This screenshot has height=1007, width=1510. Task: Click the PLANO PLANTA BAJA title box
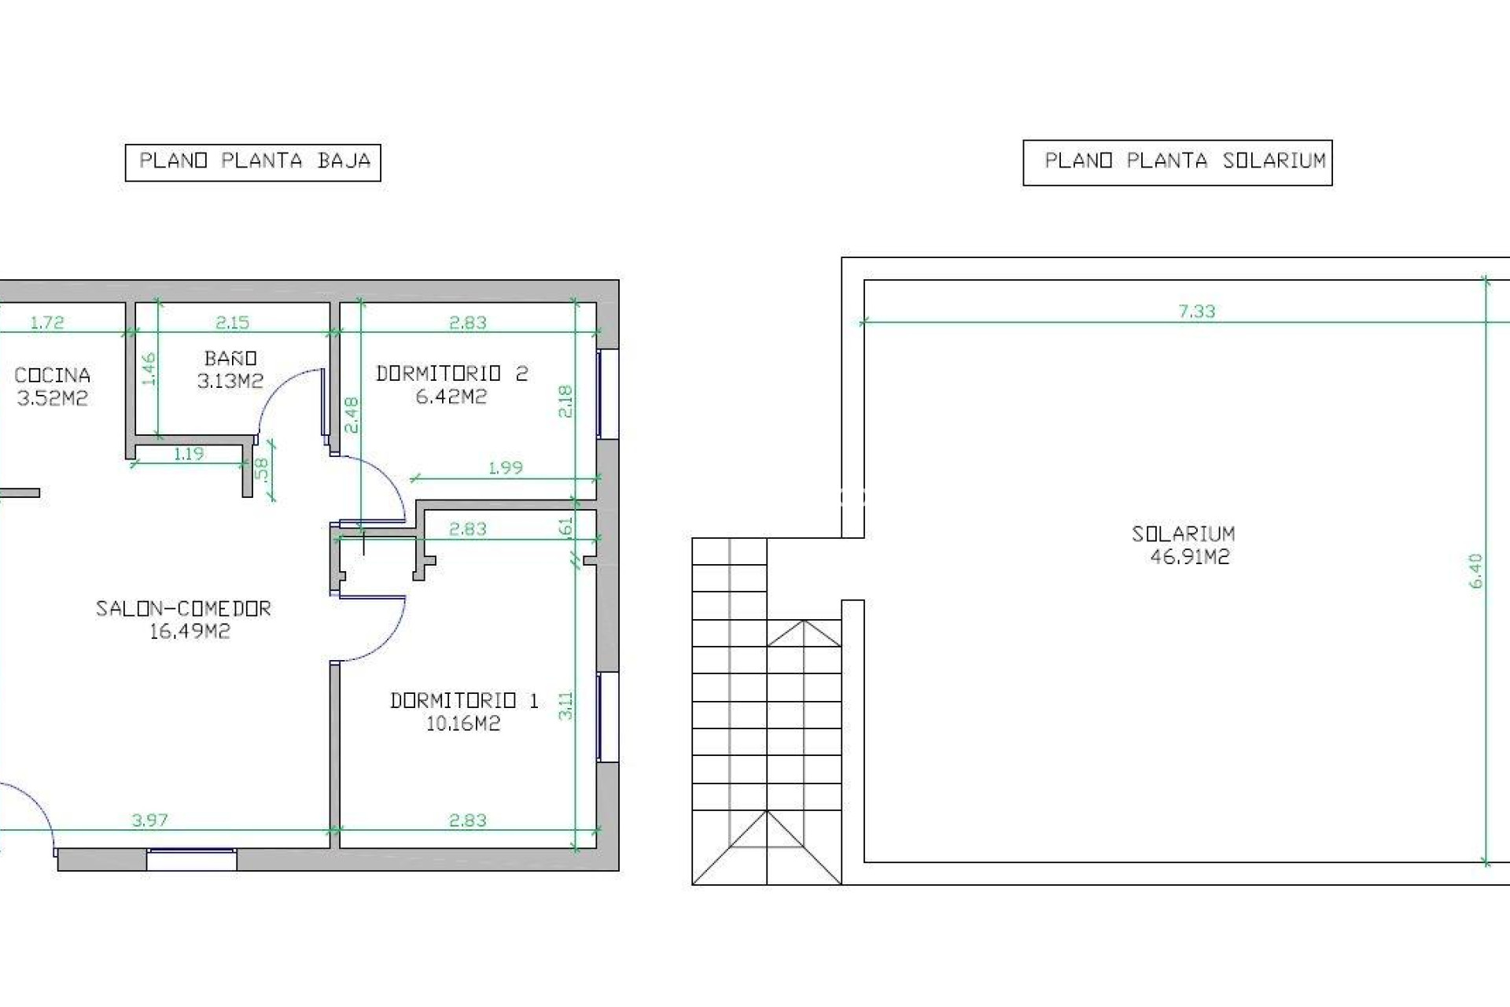coord(253,162)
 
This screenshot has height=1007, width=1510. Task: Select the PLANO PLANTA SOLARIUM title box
coord(1177,162)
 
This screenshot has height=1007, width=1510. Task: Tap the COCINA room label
coord(52,375)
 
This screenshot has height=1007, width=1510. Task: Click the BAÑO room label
coord(230,359)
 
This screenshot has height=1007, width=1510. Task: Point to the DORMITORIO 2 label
coord(451,374)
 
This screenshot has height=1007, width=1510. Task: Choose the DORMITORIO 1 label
coord(464,700)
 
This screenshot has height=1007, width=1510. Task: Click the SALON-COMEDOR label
coord(183,608)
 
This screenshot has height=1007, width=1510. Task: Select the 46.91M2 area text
coord(1190,557)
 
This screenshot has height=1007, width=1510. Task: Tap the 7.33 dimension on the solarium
coord(1197,312)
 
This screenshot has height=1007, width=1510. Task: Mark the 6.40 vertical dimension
coord(1475,570)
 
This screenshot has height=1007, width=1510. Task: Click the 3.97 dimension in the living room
coord(149,821)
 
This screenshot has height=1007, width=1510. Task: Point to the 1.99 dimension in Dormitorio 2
coord(506,468)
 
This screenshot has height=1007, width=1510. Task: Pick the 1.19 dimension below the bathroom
coord(189,454)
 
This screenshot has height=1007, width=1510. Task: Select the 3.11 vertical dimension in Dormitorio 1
coord(565,706)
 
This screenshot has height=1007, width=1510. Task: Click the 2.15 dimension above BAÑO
coord(232,323)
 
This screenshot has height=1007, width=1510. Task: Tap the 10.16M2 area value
coord(463,723)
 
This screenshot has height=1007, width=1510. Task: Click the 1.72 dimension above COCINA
coord(47,323)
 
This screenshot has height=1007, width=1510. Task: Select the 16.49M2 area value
coord(190,631)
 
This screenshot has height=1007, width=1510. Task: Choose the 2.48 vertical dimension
coord(352,415)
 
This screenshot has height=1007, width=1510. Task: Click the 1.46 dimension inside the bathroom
coord(149,369)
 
